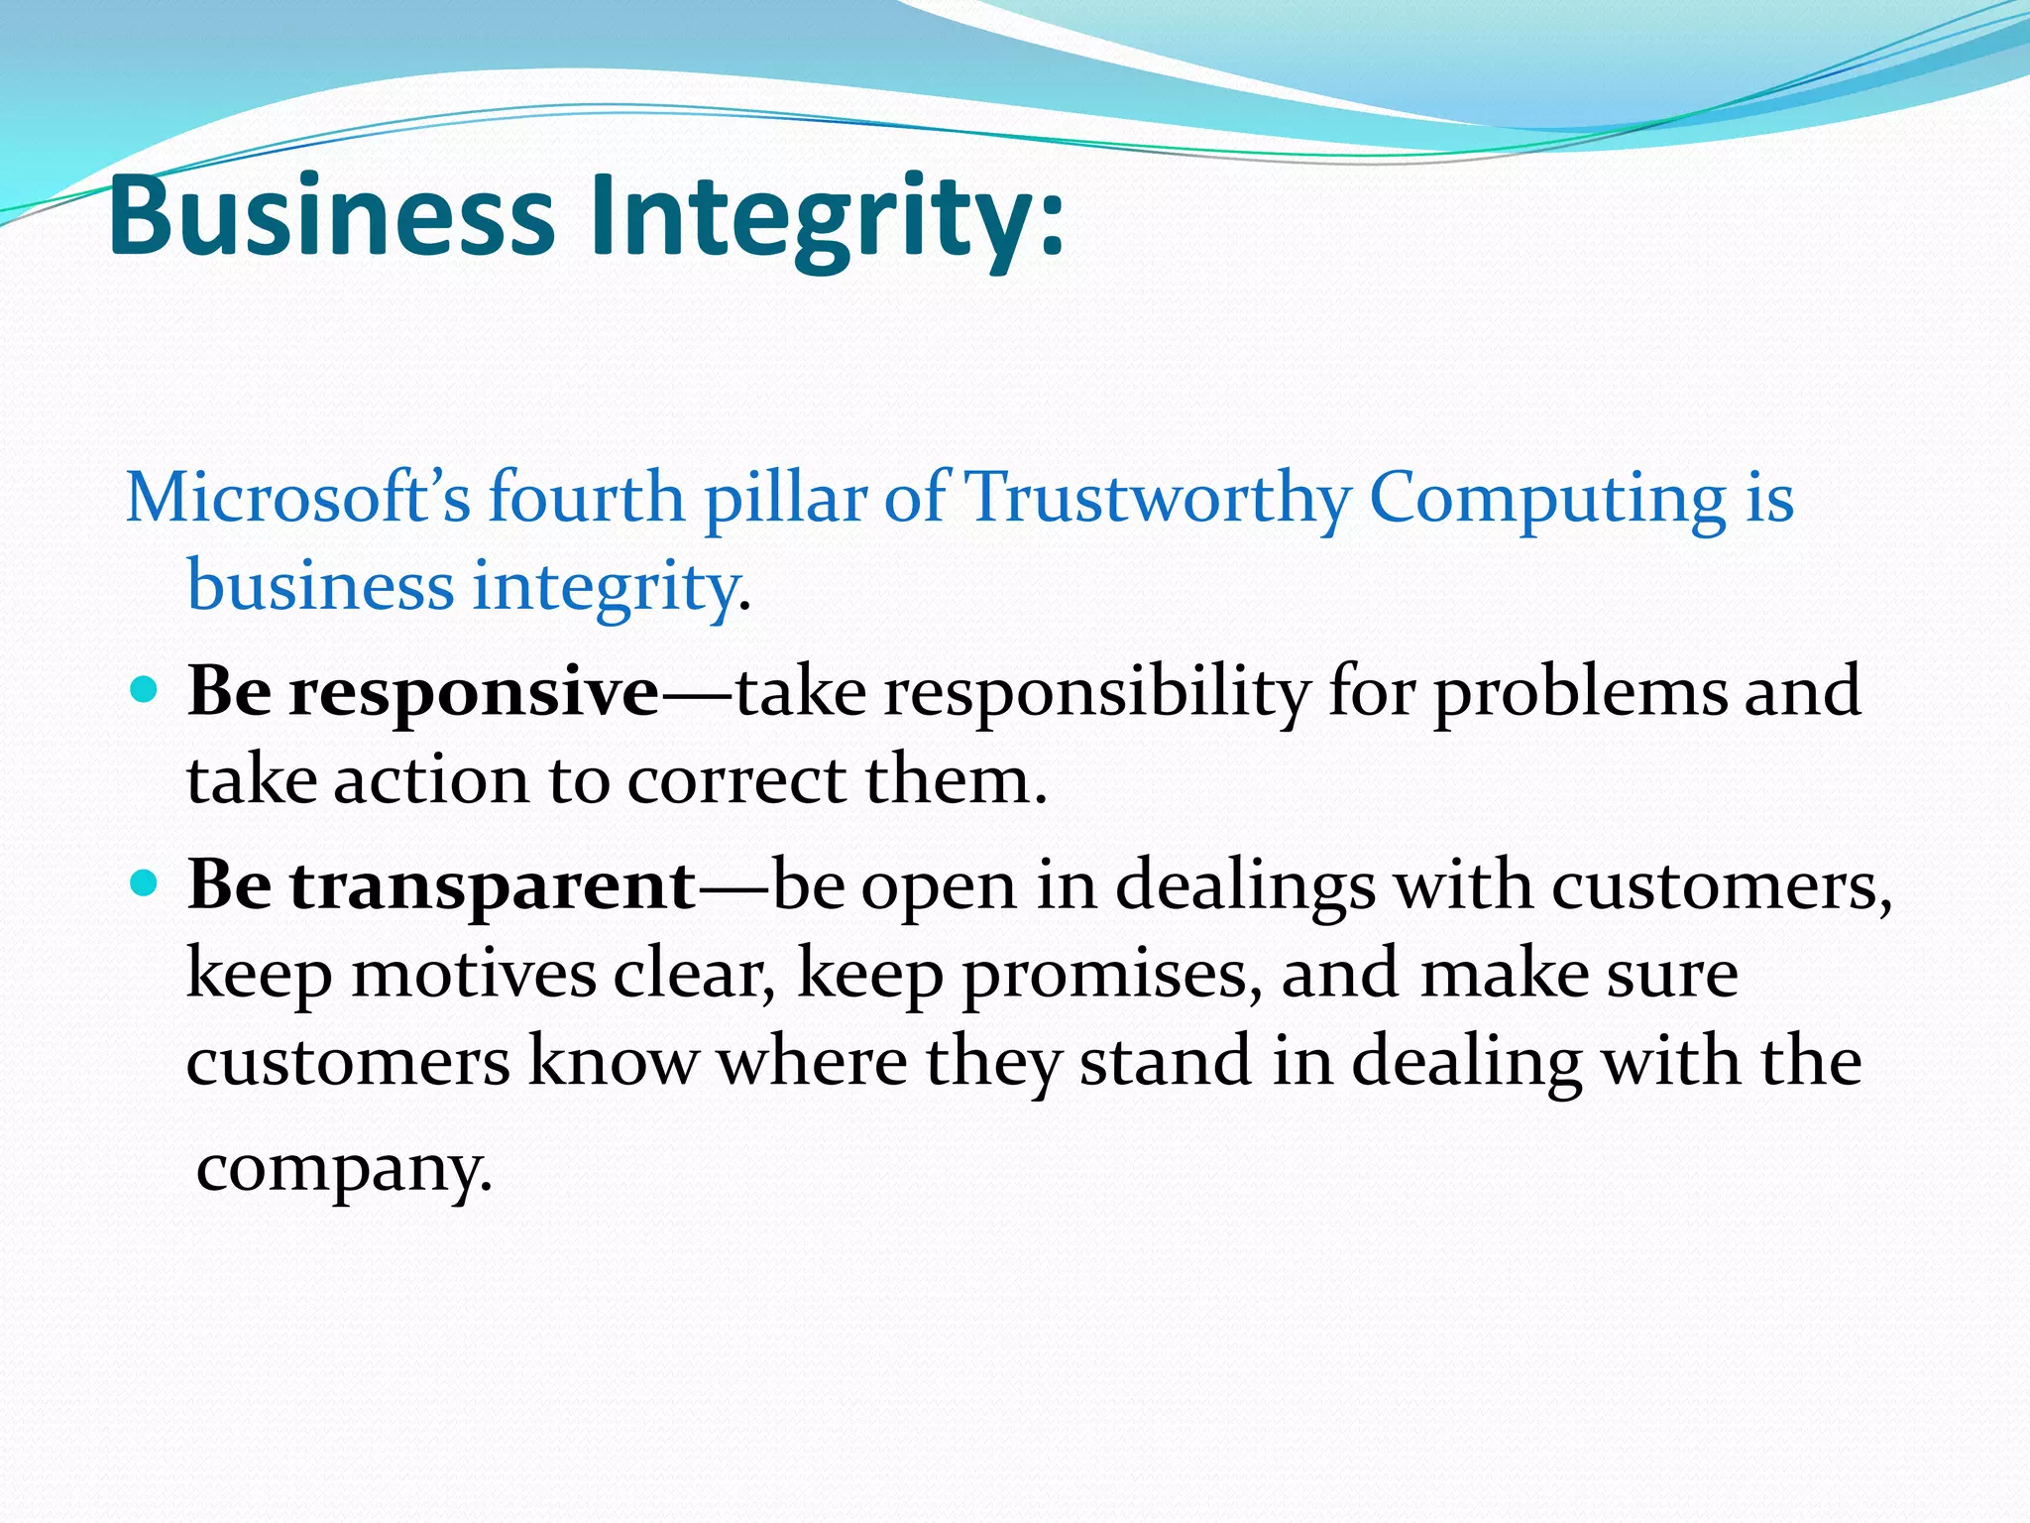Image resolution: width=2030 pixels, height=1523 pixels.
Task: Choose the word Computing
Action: (1547, 498)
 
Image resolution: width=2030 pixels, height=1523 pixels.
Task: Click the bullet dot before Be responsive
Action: (144, 689)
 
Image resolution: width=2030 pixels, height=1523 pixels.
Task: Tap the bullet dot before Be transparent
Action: (144, 881)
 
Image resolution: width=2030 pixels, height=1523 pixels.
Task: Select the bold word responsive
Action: (474, 692)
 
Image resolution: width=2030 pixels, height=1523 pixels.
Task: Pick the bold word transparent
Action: (493, 885)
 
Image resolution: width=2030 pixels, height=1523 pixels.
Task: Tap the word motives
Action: (474, 973)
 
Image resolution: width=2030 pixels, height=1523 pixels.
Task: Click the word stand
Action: (1165, 1060)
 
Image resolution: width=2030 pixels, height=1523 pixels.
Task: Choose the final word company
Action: (343, 1169)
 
